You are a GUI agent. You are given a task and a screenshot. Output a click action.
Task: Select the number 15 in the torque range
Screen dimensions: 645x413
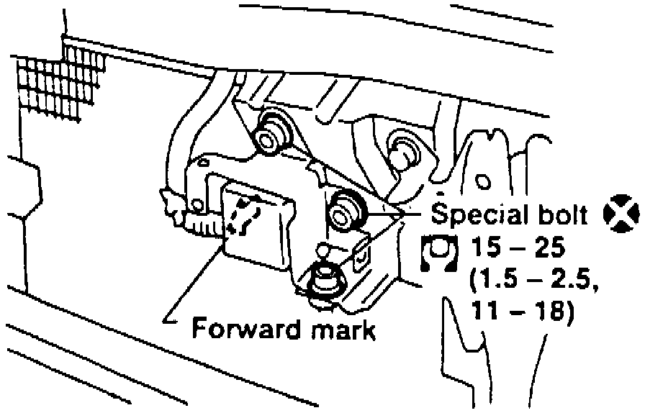(485, 250)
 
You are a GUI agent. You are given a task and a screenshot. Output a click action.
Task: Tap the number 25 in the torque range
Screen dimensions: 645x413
(549, 250)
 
